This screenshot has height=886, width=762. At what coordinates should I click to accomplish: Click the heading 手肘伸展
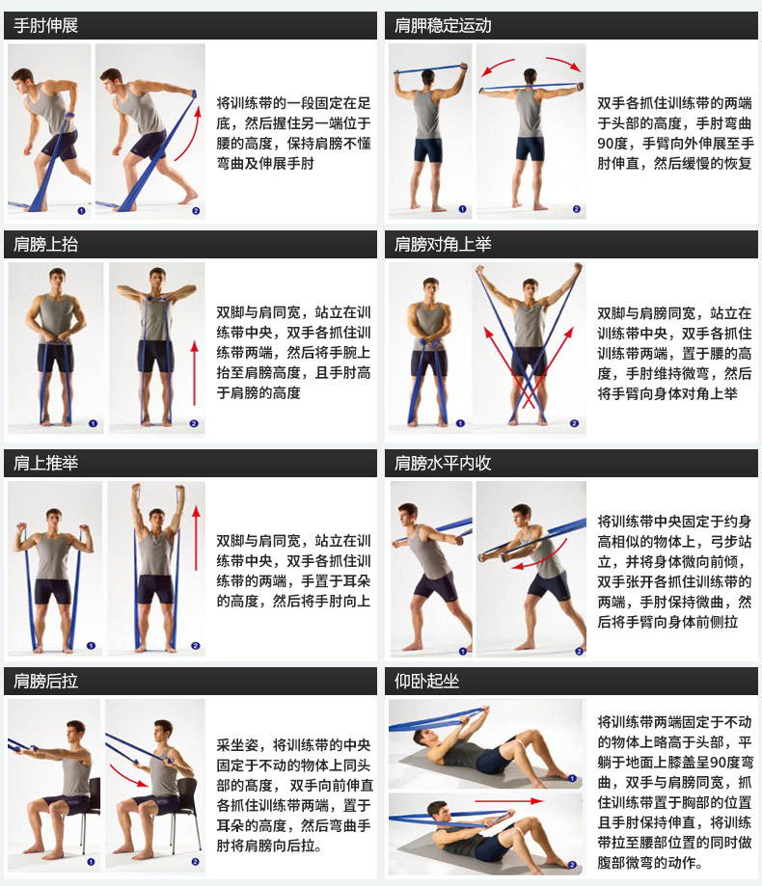(46, 26)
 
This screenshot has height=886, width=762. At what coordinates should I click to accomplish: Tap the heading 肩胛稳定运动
(443, 26)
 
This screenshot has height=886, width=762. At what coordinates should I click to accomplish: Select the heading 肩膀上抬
(46, 245)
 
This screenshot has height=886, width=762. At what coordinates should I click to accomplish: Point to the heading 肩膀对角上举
(443, 245)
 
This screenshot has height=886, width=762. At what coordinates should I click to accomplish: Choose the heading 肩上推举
(46, 464)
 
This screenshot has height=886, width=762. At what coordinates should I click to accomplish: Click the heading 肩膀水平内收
(443, 464)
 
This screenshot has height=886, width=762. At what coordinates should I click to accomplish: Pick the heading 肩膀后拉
(46, 682)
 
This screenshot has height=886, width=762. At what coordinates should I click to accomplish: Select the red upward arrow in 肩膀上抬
(194, 365)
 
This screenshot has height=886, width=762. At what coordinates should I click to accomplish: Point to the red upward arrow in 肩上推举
(196, 569)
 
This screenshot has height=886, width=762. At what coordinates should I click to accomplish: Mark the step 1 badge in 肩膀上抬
(93, 422)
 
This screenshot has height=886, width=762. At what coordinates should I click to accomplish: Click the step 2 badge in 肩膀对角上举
(576, 422)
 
